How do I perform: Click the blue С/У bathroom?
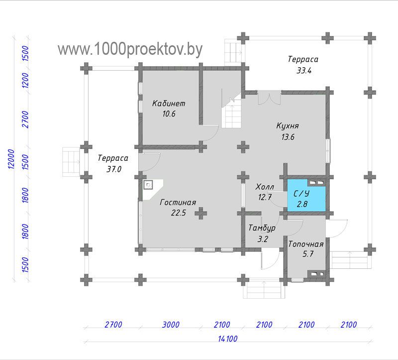306,195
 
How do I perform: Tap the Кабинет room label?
169,104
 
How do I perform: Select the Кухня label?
288,126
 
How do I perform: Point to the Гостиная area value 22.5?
179,213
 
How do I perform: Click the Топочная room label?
306,244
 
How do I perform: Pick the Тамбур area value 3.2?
263,239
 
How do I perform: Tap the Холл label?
265,187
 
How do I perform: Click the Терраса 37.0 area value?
114,169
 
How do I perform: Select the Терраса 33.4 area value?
304,70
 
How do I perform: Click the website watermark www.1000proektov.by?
130,49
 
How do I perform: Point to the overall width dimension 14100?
228,339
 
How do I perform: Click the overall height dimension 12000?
11,159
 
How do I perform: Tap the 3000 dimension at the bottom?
171,325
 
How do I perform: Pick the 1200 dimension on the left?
26,80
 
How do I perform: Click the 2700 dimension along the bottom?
113,325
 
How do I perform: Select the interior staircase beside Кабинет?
231,110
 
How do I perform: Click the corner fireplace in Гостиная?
152,189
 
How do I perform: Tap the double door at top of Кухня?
269,97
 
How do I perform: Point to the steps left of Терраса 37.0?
71,162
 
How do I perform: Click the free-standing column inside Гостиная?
201,213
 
